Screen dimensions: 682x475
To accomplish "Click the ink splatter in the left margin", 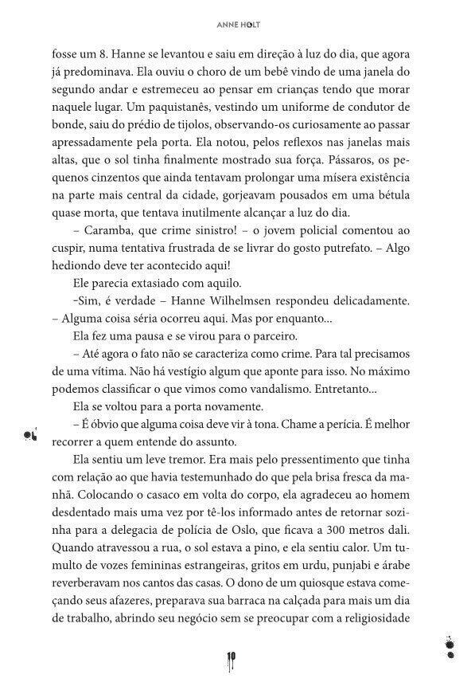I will [x=32, y=435].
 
